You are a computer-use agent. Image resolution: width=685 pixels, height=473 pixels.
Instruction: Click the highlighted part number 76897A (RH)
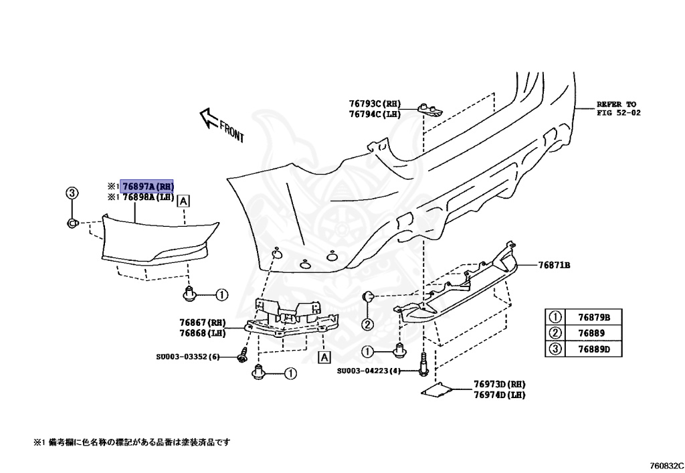coord(147,186)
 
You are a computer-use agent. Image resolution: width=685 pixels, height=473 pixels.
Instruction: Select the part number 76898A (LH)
coord(147,197)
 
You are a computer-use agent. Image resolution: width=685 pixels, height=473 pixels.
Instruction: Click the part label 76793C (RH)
coord(375,104)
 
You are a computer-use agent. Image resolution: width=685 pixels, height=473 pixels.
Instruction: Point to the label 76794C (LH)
coord(375,114)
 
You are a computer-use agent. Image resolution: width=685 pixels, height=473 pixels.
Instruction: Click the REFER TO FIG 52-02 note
coord(619,108)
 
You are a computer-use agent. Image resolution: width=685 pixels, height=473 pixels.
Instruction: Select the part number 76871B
coord(555,265)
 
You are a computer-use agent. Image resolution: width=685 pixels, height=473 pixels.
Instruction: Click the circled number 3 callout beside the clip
coord(72,193)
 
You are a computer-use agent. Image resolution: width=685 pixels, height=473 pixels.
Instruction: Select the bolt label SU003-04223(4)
coord(369,371)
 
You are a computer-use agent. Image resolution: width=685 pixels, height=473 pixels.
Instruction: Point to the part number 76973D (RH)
coord(500,384)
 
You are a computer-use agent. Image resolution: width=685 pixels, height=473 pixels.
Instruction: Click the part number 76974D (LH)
coord(500,395)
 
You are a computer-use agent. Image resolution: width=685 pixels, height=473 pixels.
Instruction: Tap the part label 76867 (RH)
coord(203,322)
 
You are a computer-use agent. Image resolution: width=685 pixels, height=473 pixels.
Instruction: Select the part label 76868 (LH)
coord(203,333)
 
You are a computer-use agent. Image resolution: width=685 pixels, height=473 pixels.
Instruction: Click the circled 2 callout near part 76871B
coord(367,325)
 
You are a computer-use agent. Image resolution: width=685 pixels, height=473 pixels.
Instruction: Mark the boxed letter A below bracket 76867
coord(324,358)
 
